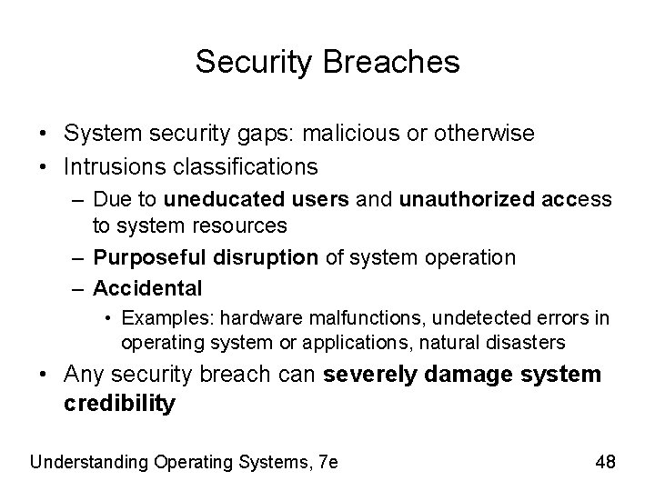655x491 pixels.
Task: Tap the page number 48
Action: coord(605,461)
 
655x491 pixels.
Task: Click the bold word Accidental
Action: coord(147,288)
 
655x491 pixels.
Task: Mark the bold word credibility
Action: coord(119,404)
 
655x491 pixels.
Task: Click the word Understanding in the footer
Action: coord(88,461)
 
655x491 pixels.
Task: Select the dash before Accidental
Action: coord(78,288)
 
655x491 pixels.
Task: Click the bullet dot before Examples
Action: coord(108,318)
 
